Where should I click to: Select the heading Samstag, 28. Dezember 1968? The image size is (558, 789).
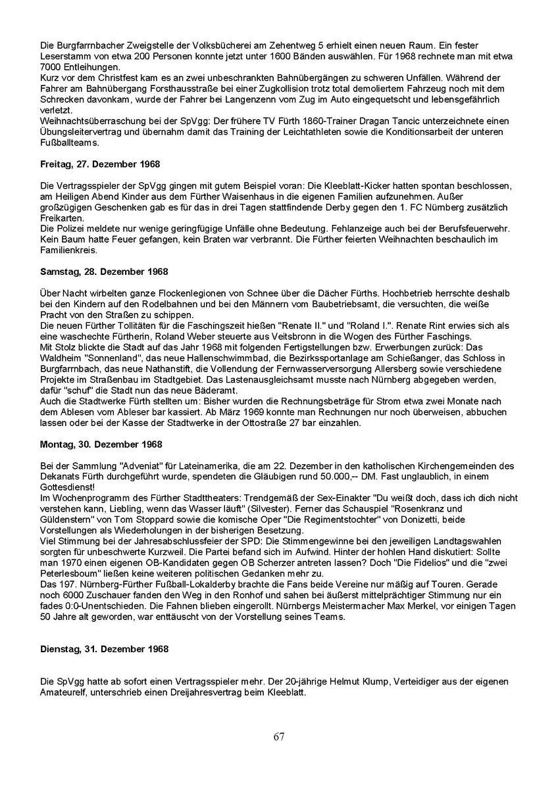click(x=103, y=272)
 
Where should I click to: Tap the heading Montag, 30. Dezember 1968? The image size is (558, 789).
click(x=101, y=444)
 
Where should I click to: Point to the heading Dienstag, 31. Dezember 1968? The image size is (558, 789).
click(x=104, y=648)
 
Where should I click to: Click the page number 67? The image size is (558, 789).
click(x=279, y=736)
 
